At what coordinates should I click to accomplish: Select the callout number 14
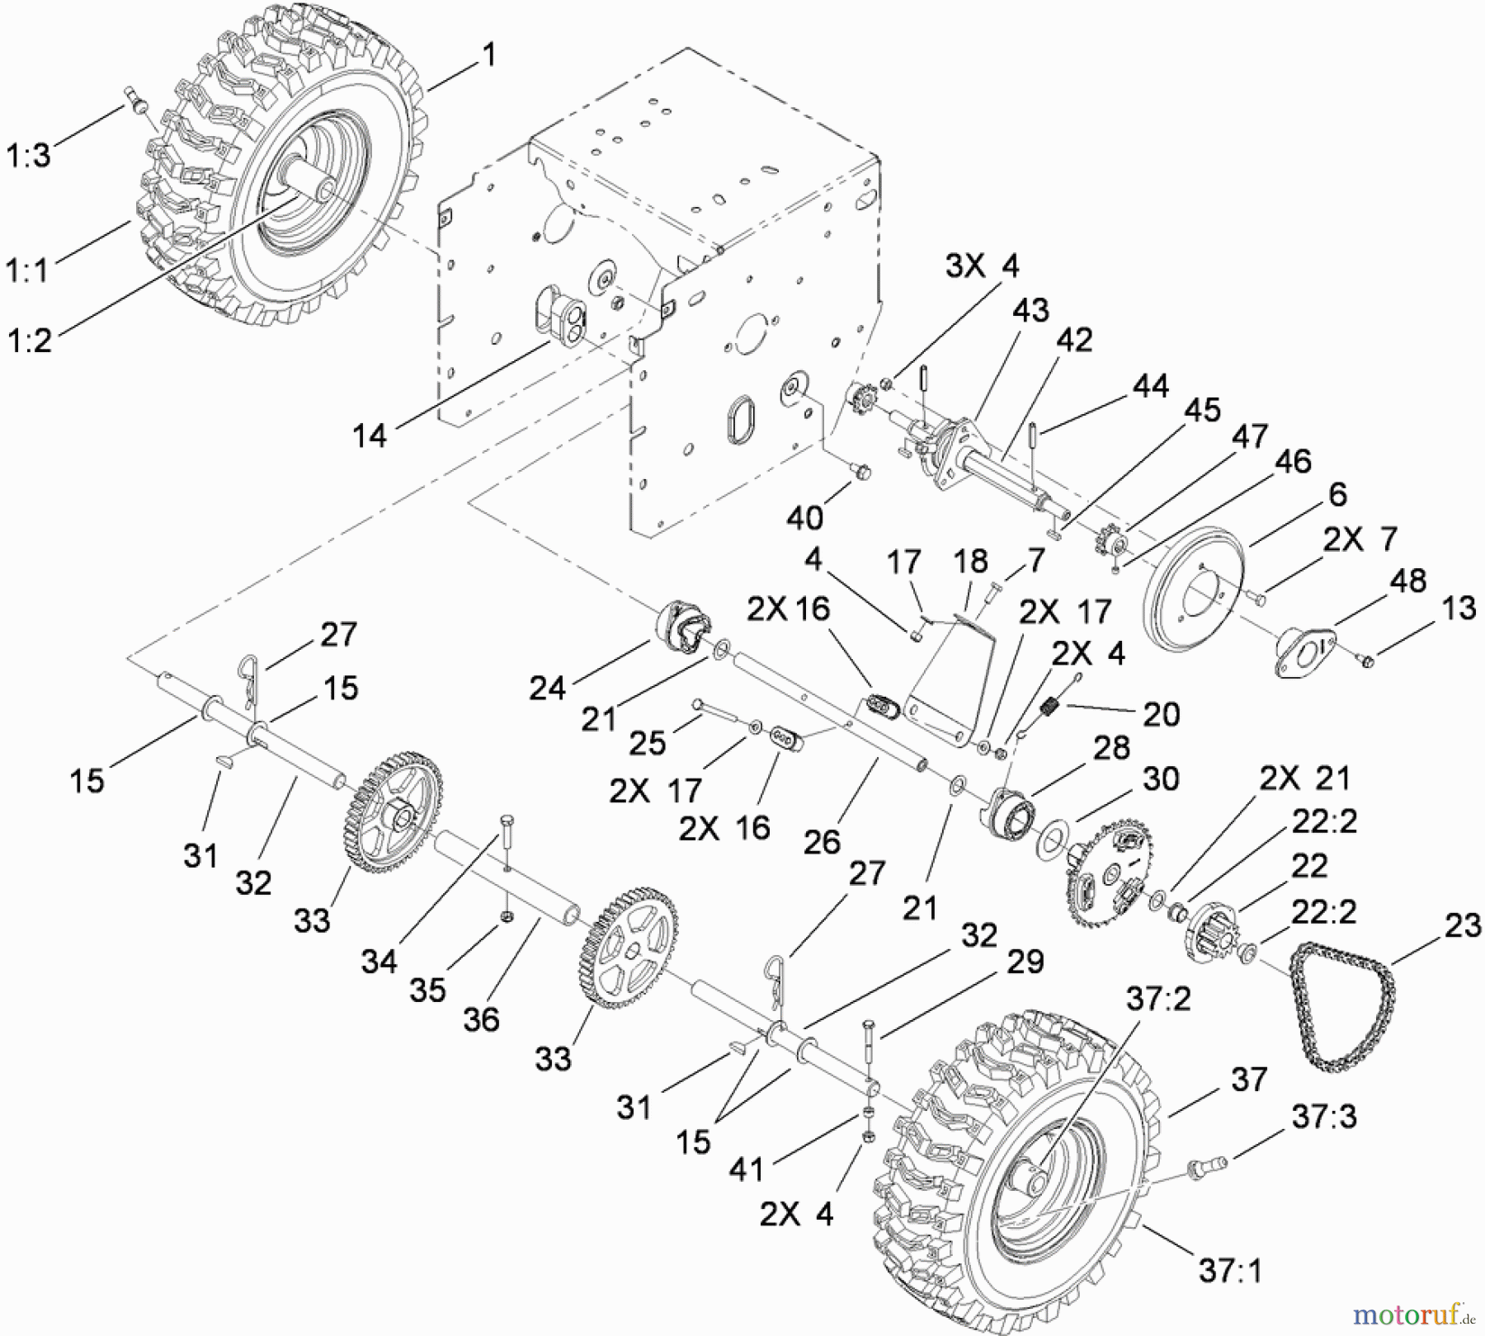[x=369, y=435]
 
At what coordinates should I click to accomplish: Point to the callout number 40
[x=804, y=517]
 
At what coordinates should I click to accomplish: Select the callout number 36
[x=481, y=1019]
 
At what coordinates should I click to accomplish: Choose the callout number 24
[x=548, y=688]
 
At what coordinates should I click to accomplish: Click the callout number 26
[x=822, y=841]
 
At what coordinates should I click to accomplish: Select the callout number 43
[x=1030, y=310]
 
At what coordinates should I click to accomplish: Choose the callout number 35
[x=428, y=990]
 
